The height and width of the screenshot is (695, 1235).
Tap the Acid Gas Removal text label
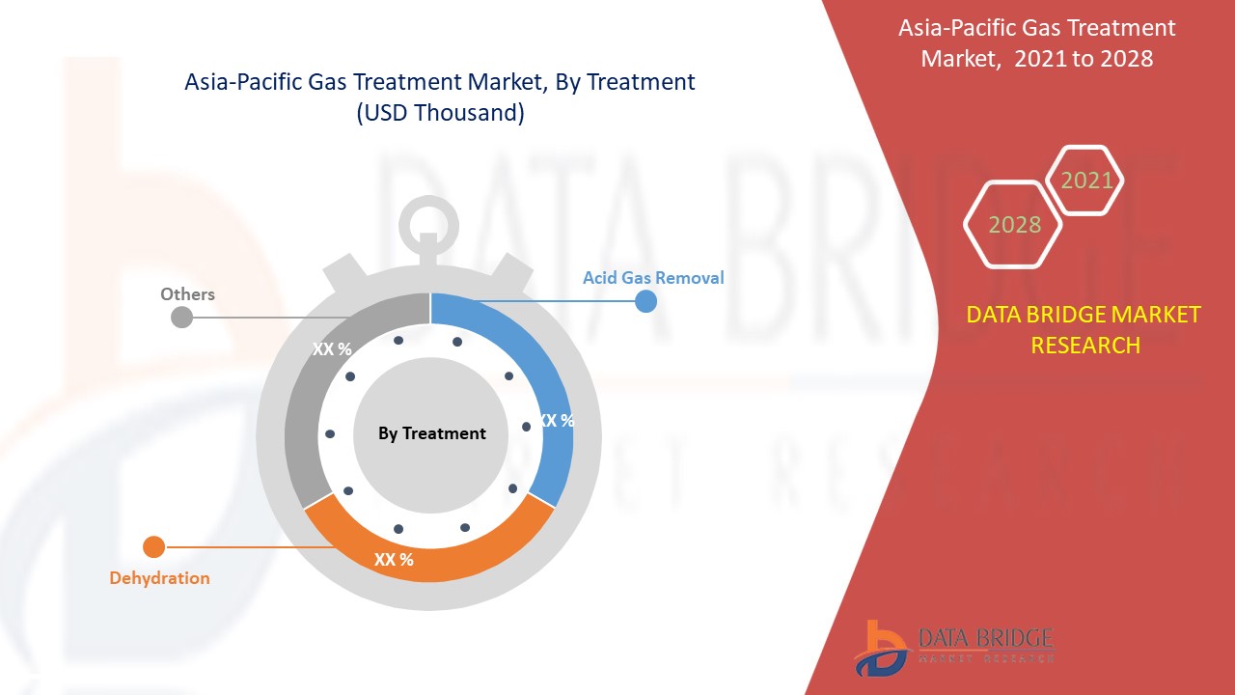click(x=653, y=278)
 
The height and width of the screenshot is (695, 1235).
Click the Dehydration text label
click(x=159, y=578)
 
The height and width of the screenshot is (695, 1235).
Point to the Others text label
click(x=187, y=294)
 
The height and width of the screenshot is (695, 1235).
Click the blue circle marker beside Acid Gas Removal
click(x=645, y=302)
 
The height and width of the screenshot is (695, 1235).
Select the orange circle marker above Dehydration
click(x=153, y=547)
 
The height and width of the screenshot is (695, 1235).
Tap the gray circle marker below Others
click(x=180, y=317)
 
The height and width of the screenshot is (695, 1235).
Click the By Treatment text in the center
click(x=432, y=433)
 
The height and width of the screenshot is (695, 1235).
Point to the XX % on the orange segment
click(x=394, y=560)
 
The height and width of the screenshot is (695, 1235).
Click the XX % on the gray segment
click(x=332, y=349)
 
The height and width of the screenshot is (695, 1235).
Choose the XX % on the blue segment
click(x=557, y=421)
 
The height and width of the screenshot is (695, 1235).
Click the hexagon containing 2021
click(x=1086, y=181)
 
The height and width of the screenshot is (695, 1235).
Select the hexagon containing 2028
click(x=1014, y=225)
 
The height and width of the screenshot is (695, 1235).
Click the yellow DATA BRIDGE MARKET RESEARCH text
click(x=1084, y=329)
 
